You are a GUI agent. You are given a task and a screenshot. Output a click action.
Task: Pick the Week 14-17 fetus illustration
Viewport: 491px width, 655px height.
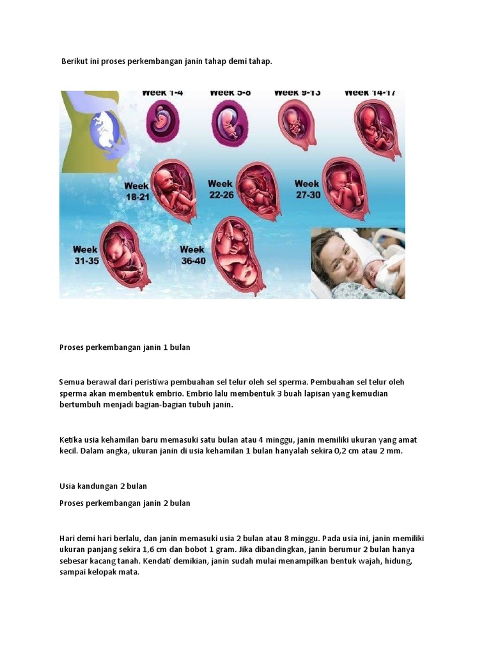[377, 127]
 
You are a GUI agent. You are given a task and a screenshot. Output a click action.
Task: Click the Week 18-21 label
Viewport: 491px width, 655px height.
[137, 192]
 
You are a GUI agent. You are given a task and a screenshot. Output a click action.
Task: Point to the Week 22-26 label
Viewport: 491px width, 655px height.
[221, 189]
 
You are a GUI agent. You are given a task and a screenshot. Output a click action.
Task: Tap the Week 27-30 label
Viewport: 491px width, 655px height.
[307, 189]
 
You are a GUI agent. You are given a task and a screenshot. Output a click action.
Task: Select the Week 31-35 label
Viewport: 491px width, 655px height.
[86, 255]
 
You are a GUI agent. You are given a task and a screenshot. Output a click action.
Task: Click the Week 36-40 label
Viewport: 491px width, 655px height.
[192, 255]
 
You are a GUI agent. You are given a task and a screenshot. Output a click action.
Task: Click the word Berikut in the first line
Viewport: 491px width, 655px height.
[74, 61]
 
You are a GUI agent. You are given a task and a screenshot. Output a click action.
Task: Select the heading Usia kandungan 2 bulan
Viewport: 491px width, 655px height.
[103, 486]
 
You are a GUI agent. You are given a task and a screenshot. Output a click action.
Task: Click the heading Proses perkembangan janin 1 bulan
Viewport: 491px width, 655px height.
[125, 347]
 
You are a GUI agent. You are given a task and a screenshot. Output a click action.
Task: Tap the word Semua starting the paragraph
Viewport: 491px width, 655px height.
[72, 382]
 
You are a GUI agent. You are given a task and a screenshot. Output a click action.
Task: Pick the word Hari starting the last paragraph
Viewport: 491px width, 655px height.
[67, 538]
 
